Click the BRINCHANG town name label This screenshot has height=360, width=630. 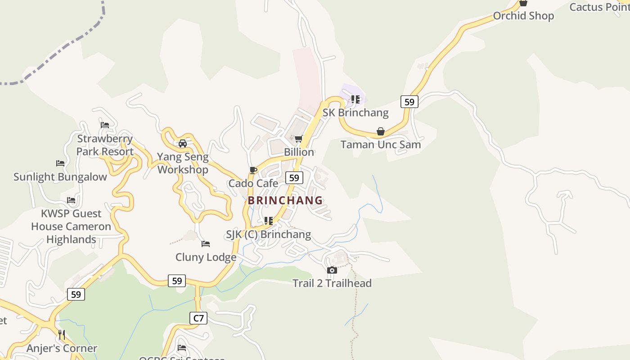[x=285, y=200]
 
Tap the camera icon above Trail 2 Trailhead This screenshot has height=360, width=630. [x=332, y=270]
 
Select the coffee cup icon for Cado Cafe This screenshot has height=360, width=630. [x=253, y=170]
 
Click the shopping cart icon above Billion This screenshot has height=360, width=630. [x=298, y=139]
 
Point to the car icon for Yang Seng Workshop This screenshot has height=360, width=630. [x=183, y=144]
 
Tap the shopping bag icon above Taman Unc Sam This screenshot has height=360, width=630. [x=381, y=131]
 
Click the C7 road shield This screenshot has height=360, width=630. [x=198, y=318]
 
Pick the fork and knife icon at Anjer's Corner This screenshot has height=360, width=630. [x=62, y=334]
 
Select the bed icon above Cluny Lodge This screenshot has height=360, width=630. [x=206, y=244]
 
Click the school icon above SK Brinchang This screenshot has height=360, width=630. [x=355, y=99]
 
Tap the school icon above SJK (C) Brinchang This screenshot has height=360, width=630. [x=269, y=221]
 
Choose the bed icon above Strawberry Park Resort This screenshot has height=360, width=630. [x=105, y=125]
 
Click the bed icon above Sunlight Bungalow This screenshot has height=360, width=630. [x=60, y=163]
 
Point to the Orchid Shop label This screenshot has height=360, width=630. [x=523, y=16]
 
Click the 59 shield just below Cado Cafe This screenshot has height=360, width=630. [x=294, y=178]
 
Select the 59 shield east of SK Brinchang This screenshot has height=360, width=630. [x=409, y=102]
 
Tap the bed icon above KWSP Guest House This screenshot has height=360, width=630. [x=71, y=200]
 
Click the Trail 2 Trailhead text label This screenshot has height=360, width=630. [x=332, y=283]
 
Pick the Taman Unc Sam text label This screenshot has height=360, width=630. [x=381, y=144]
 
